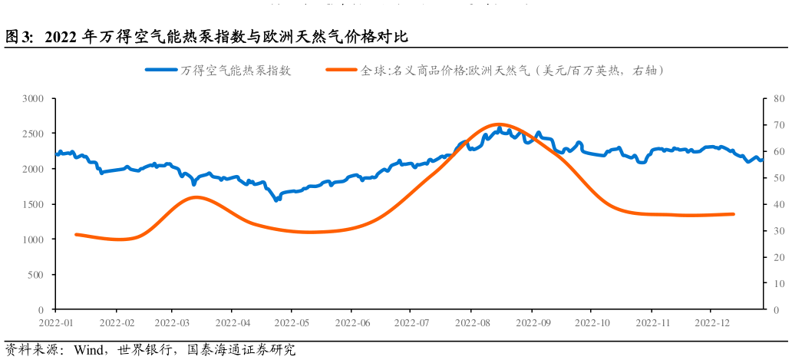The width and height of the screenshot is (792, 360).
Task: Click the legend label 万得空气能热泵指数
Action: point(236,71)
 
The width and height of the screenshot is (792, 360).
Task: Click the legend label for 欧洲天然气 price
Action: point(512,71)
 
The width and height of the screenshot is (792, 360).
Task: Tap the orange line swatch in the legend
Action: point(342,71)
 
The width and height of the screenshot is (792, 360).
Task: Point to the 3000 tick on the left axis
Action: point(32,99)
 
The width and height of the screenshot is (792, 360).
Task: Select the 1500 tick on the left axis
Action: point(32,204)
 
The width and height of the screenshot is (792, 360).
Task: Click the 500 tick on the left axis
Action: point(35,275)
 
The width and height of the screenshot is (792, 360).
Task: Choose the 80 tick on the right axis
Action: point(778,99)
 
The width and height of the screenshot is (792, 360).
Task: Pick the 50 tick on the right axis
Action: point(778,178)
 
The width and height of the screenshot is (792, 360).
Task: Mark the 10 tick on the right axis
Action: point(778,283)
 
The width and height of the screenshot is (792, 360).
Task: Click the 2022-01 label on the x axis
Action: point(56,322)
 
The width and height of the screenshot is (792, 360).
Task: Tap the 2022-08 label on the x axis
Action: point(471,322)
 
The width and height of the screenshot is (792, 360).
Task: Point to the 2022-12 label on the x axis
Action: point(711,322)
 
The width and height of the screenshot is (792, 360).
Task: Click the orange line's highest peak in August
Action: point(498,124)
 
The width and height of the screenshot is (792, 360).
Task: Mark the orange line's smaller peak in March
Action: point(196,197)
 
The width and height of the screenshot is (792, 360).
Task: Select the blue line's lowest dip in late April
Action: point(276,200)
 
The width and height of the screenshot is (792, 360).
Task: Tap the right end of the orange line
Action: point(733,214)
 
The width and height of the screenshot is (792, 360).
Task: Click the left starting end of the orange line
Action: point(76,234)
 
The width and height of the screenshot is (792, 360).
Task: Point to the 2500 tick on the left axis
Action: point(32,134)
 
